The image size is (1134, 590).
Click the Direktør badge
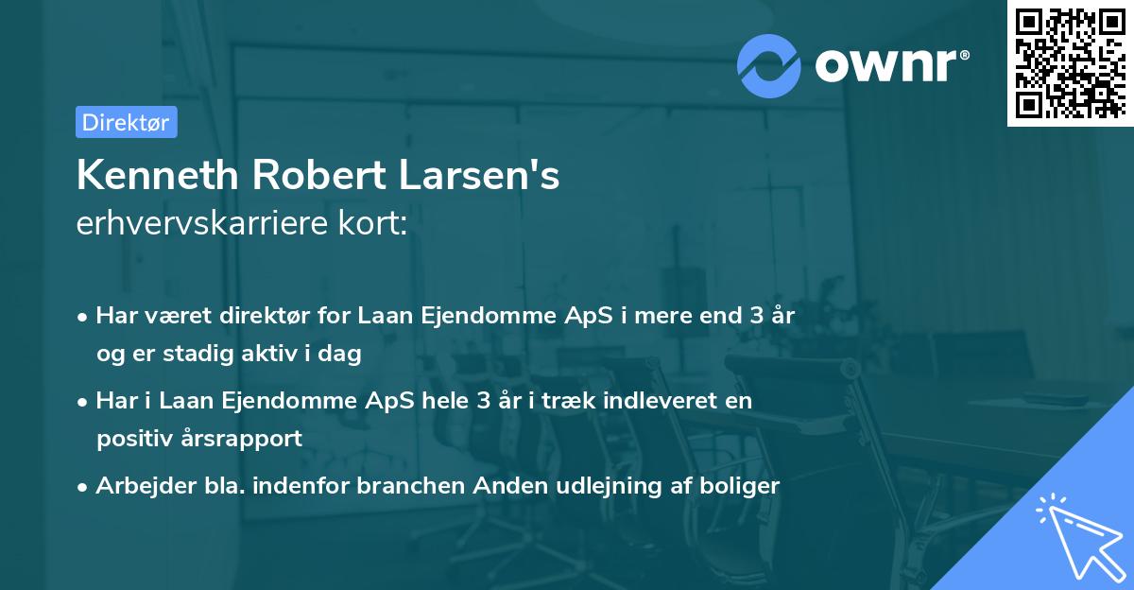tap(126, 122)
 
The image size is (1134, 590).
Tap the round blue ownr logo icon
tap(769, 66)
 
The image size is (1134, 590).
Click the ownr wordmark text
tap(891, 66)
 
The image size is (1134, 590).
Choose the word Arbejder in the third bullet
tap(138, 486)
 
